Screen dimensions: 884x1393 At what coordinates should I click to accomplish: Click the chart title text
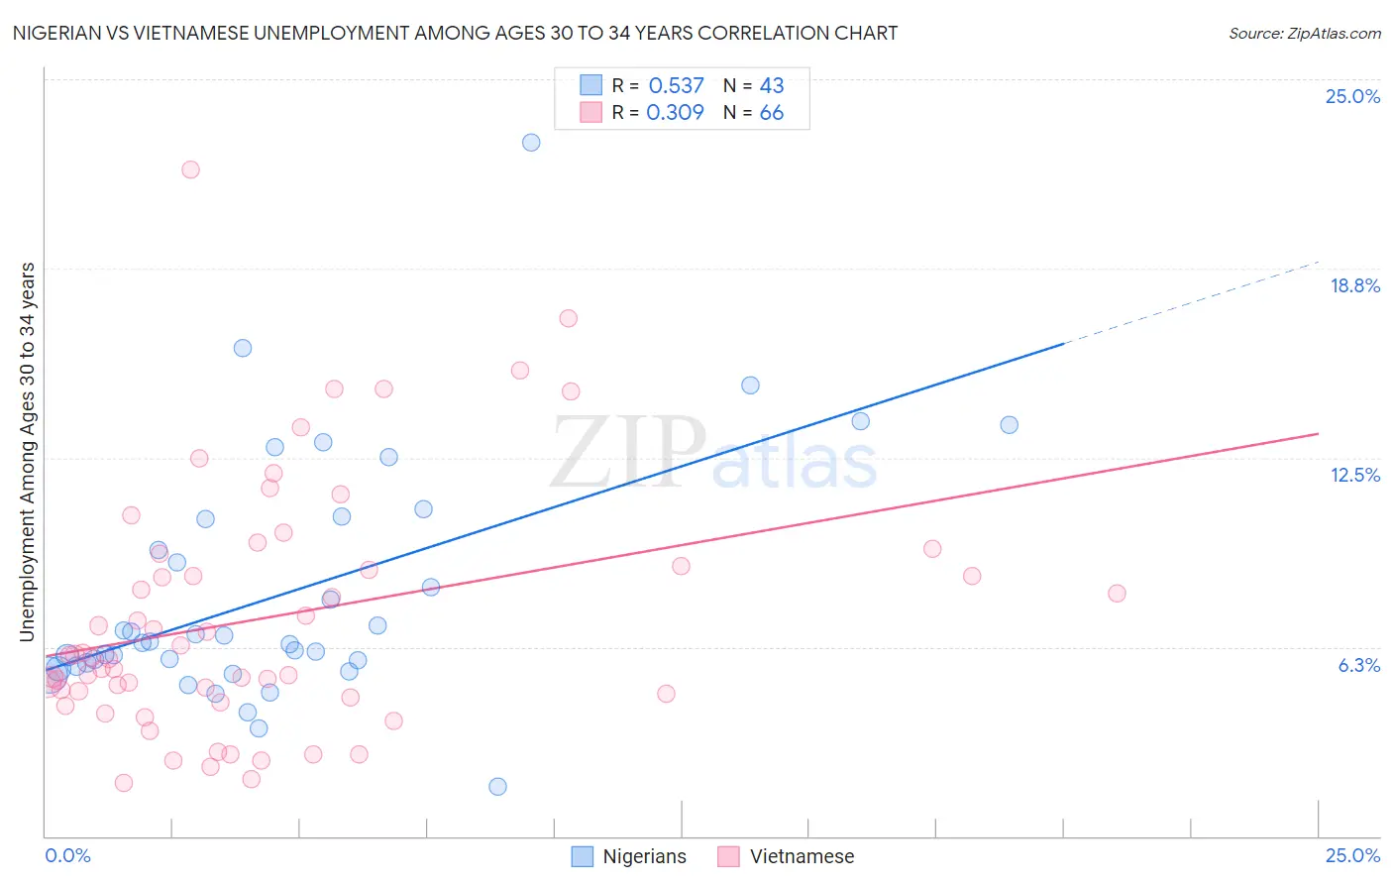[455, 33]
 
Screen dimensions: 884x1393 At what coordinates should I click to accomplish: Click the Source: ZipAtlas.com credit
[1304, 34]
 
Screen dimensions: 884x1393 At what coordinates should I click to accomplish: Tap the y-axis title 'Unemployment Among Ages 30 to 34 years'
[27, 452]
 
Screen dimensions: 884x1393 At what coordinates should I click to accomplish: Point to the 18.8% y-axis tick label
[1354, 285]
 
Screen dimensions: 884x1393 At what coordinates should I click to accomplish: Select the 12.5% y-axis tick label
[1354, 475]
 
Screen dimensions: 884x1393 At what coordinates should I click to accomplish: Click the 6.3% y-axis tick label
[1358, 665]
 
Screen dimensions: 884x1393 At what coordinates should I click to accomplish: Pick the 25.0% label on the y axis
[1352, 96]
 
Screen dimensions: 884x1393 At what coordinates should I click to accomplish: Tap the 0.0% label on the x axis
[67, 855]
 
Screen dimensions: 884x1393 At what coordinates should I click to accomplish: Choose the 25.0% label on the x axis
[1352, 855]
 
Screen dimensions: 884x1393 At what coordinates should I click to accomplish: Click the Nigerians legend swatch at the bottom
[583, 856]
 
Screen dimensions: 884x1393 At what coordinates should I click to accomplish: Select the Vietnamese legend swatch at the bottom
[729, 856]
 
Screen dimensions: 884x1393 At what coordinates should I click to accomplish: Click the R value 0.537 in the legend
[676, 86]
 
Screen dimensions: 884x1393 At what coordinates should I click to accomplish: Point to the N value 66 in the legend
[771, 113]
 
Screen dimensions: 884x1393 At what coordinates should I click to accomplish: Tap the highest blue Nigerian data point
[531, 143]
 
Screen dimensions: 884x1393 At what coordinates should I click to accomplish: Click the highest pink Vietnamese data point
[190, 169]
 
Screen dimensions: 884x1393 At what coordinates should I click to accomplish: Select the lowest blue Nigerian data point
[497, 787]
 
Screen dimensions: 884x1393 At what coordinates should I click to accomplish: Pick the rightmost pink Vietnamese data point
[1117, 594]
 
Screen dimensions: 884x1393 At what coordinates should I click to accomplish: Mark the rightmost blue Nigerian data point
[1009, 425]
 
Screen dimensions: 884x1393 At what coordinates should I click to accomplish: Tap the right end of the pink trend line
[1317, 434]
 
